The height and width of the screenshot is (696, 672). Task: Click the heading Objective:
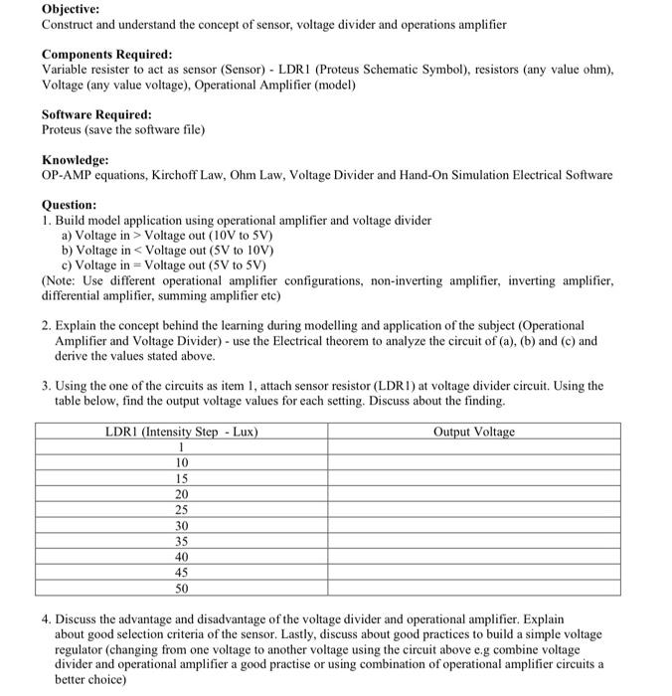(x=71, y=8)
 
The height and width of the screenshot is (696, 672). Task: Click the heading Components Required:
(x=106, y=54)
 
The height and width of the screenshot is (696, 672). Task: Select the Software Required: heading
(x=96, y=114)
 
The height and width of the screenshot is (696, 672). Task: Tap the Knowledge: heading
(x=76, y=160)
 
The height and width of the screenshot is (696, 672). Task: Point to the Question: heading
(x=70, y=205)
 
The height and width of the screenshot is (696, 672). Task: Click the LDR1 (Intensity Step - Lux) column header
(x=182, y=432)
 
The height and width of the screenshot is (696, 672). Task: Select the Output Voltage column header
(x=474, y=432)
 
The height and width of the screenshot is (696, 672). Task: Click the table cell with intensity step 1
(x=182, y=446)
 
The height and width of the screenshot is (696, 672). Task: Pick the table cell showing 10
(x=182, y=462)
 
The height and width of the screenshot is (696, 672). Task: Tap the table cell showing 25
(x=182, y=509)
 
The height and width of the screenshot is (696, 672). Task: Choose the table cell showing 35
(x=182, y=541)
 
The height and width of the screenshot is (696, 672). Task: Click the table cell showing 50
(x=182, y=588)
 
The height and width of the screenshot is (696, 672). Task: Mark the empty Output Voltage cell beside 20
(x=474, y=494)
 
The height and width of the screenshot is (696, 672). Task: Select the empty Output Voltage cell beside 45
(x=474, y=572)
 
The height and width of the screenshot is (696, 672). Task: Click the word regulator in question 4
(x=81, y=649)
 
